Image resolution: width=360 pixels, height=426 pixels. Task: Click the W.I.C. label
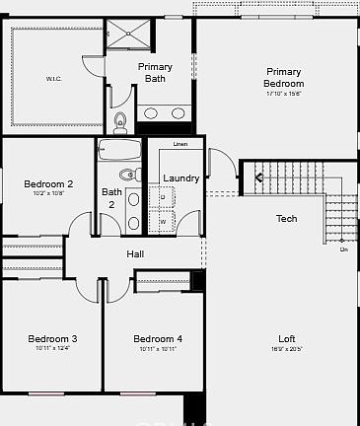[53, 78]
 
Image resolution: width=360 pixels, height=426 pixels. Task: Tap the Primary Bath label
[155, 72]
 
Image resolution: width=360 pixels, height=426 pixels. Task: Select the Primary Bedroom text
[283, 77]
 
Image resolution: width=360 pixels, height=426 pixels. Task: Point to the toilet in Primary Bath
[120, 123]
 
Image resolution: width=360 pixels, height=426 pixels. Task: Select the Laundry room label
[181, 178]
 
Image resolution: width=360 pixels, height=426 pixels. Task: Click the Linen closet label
[180, 145]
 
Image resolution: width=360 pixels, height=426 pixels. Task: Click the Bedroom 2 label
[48, 183]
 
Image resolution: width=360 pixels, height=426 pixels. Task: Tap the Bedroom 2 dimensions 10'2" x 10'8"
[48, 194]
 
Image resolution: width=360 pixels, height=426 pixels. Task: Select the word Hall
[136, 254]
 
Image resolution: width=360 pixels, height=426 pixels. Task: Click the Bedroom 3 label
[52, 338]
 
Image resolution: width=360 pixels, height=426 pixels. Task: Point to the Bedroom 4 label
[158, 338]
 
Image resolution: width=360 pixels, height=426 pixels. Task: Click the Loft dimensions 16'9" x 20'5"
[286, 349]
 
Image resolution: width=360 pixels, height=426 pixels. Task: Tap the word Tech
[286, 218]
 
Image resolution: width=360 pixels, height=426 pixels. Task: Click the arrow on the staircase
[259, 177]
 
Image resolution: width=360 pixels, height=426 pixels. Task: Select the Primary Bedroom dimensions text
[283, 94]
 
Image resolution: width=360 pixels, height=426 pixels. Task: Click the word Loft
[286, 338]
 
